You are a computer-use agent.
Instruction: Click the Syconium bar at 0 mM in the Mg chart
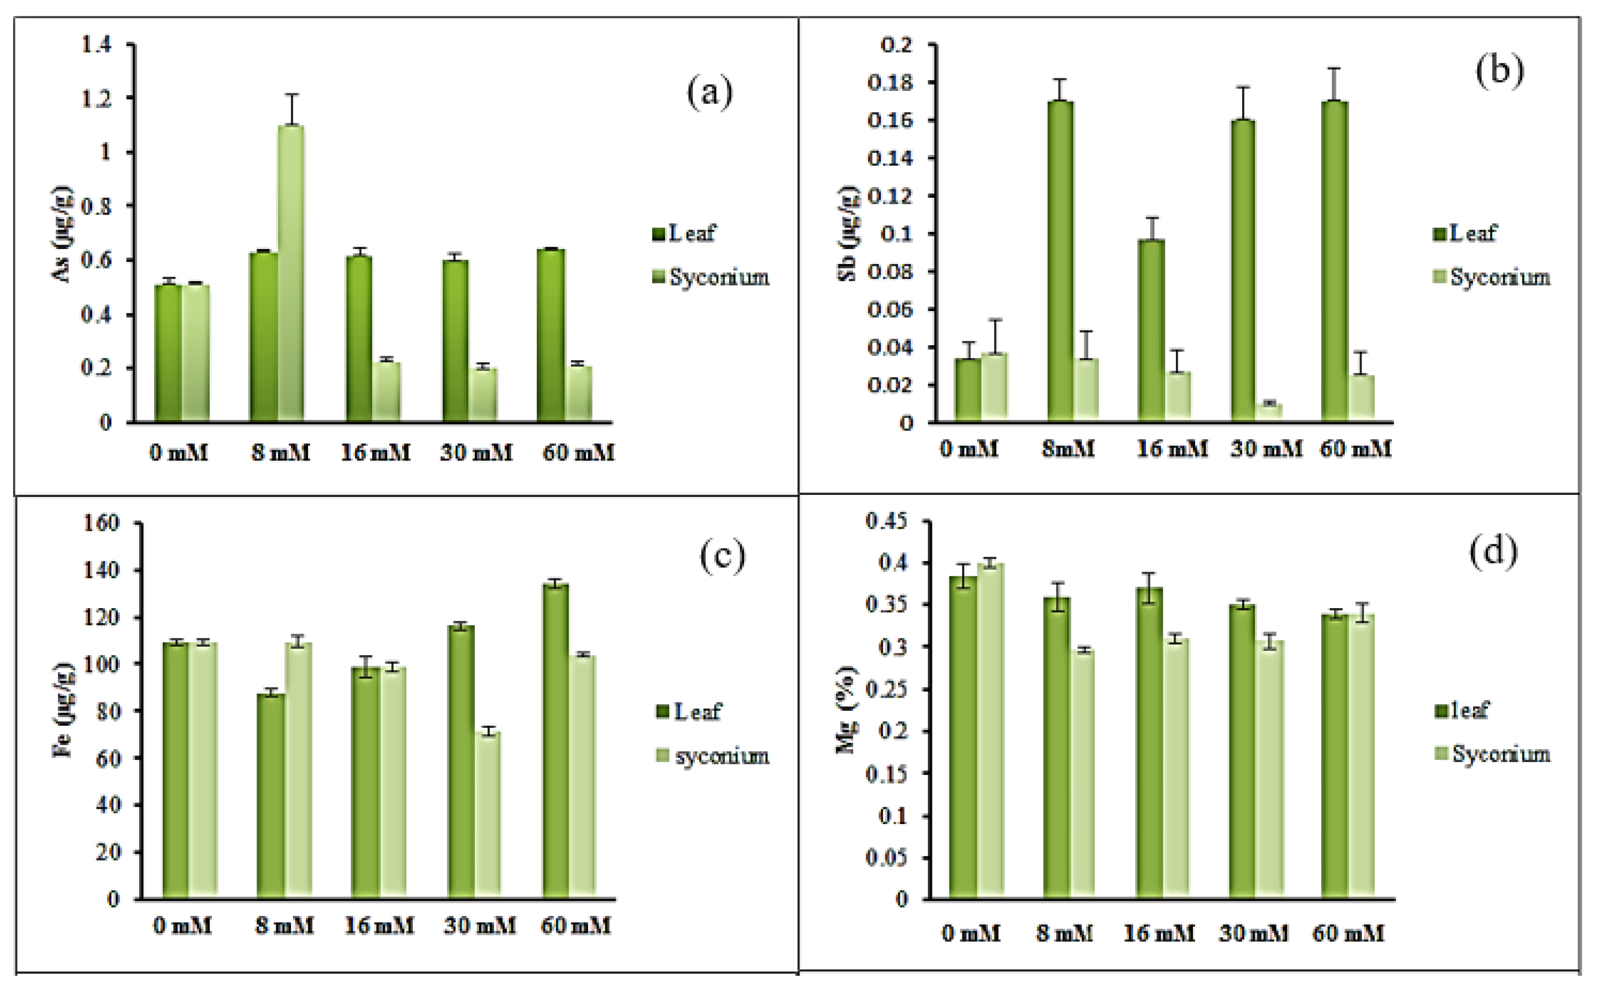[990, 731]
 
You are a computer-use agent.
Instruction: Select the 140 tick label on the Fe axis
[102, 570]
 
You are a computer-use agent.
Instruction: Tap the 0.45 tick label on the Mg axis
[886, 522]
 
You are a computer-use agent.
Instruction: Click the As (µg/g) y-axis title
[63, 234]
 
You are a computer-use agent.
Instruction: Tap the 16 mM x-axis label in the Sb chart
[1171, 450]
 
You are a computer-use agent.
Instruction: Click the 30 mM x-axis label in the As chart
[476, 452]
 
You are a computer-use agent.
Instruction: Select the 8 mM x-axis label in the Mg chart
[1064, 933]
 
